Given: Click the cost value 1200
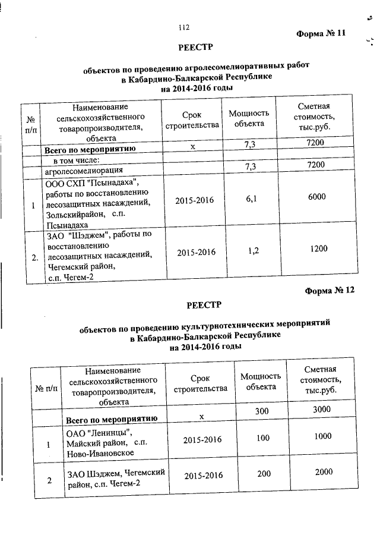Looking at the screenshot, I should point(319,248).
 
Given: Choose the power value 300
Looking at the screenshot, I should point(261,412).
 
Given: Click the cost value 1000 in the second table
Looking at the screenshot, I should point(324,436).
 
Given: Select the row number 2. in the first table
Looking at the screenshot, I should point(34,257).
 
